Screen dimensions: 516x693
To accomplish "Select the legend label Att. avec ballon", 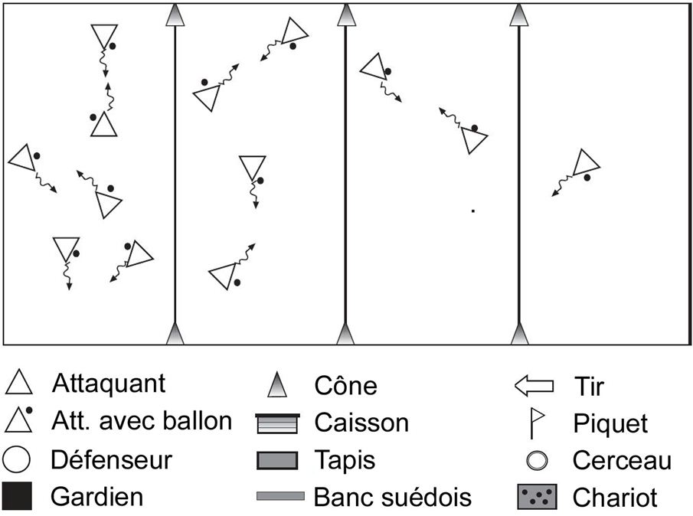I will pyautogui.click(x=141, y=420).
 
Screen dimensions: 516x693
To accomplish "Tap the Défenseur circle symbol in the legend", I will pyautogui.click(x=18, y=460).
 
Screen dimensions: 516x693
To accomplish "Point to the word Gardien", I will pyautogui.click(x=96, y=497).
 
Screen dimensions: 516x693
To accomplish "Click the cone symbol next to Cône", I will pyautogui.click(x=276, y=385).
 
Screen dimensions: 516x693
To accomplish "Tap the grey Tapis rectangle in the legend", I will pyautogui.click(x=276, y=460).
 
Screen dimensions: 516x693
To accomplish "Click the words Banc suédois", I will pyautogui.click(x=393, y=498).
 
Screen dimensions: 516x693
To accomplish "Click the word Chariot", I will pyautogui.click(x=615, y=498).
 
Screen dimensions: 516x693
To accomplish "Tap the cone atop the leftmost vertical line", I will pyautogui.click(x=176, y=15).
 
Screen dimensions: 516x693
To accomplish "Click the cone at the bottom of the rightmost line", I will pyautogui.click(x=520, y=334).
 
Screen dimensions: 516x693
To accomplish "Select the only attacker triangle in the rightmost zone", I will pyautogui.click(x=586, y=163).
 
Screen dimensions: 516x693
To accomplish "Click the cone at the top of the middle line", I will pyautogui.click(x=346, y=15).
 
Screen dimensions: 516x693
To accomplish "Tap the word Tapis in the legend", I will pyautogui.click(x=345, y=460).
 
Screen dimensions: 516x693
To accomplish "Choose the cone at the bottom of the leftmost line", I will pyautogui.click(x=176, y=334).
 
